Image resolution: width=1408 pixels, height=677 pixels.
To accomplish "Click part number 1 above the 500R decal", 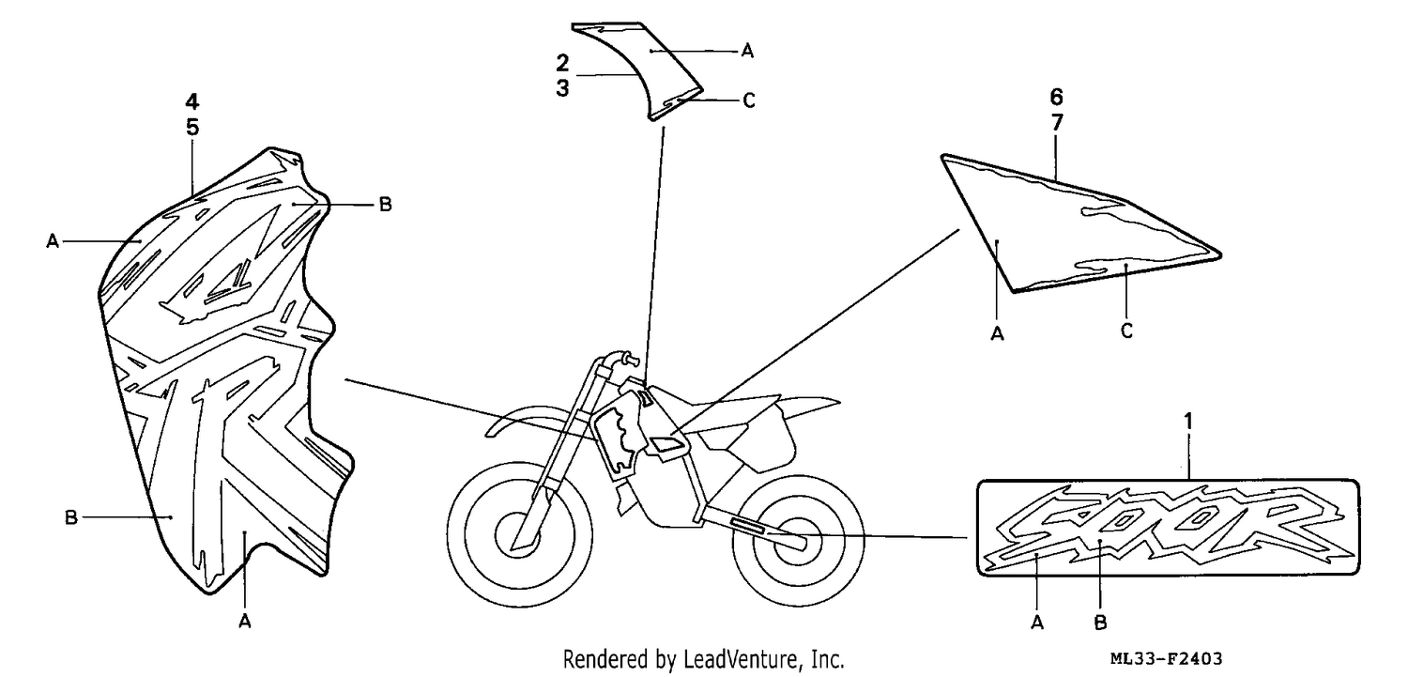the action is tap(1187, 422).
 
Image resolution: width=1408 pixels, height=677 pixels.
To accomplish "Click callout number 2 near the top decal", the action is tap(562, 63).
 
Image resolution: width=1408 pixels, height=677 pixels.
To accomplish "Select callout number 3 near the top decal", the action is tap(562, 88).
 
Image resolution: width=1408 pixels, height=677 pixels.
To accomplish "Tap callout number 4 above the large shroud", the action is tap(191, 101).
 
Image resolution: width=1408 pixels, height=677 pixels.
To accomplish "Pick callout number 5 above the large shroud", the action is tap(192, 127).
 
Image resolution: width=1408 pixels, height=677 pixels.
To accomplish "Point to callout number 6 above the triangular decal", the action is tap(1056, 97).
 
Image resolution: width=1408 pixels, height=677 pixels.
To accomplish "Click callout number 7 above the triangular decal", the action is tap(1057, 123).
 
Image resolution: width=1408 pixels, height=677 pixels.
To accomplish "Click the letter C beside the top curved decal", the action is tap(749, 100).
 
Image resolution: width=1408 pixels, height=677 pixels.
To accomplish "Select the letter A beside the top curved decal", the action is tap(747, 51).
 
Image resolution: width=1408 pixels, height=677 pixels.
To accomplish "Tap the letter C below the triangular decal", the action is tap(1126, 331).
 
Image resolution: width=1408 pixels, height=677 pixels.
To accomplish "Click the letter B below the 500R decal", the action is tap(1100, 623).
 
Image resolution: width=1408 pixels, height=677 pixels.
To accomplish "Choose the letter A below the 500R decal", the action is tap(1037, 623).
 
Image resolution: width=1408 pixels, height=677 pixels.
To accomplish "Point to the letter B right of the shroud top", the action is tap(385, 205).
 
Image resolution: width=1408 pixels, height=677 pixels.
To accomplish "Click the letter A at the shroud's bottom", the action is tap(245, 622).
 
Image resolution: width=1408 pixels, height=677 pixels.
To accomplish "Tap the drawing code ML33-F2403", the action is tap(1166, 659).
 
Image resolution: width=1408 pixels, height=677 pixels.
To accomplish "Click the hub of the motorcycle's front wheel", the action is tap(520, 535).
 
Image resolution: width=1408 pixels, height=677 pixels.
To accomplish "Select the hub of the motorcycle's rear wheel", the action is tap(798, 539).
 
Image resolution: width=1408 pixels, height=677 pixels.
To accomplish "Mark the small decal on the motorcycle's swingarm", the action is tap(747, 526).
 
